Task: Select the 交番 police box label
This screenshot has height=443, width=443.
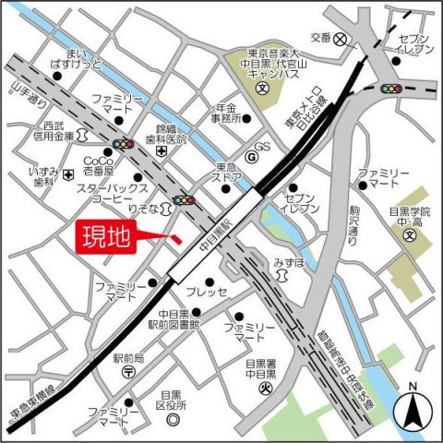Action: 320,38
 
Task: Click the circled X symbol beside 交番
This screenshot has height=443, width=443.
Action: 341,39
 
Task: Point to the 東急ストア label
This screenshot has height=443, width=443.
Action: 227,173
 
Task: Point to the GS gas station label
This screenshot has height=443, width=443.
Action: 262,148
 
